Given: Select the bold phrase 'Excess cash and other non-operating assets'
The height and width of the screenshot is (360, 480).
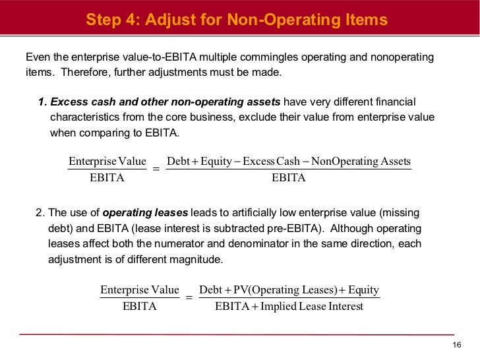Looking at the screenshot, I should (x=165, y=102).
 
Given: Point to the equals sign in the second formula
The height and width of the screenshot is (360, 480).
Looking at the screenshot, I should (x=189, y=298).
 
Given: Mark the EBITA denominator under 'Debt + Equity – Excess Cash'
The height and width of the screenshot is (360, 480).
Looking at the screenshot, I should (x=289, y=178).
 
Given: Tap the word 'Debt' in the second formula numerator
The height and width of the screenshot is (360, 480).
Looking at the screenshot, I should (x=210, y=290).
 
